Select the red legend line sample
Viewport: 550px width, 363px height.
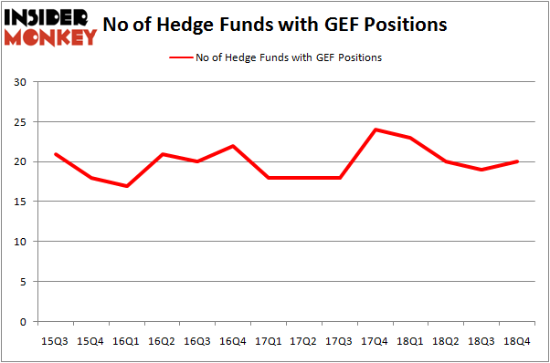181,57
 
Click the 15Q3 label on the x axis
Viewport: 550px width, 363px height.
56,340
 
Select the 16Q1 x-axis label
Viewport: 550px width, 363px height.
127,340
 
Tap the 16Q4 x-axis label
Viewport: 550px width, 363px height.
234,340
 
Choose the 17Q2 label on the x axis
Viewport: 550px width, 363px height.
305,340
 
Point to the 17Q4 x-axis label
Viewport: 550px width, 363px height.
375,340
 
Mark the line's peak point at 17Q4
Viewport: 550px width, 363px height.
375,130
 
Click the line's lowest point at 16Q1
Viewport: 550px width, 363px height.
127,186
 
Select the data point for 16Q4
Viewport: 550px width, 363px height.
234,146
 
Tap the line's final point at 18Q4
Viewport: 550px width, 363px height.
518,161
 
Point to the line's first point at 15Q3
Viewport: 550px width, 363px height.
56,154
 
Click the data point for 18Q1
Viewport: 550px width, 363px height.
411,138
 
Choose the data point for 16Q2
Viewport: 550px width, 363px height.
163,154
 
